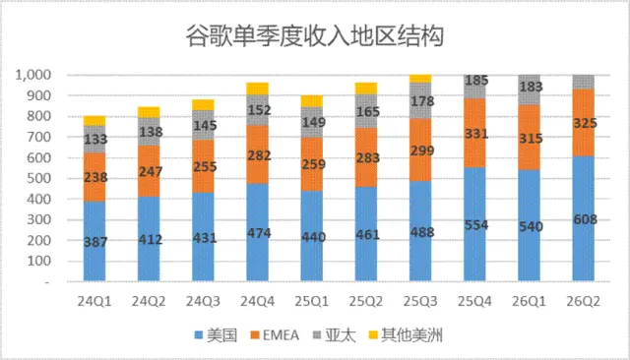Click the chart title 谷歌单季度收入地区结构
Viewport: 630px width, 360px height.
(315, 36)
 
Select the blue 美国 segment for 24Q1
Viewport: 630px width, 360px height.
(94, 241)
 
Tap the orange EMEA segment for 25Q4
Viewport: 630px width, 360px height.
(474, 133)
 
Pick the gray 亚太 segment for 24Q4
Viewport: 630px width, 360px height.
(257, 110)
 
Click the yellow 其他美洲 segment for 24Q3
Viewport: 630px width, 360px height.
(203, 104)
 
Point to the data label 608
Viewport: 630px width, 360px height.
(585, 219)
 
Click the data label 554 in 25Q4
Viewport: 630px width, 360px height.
(476, 225)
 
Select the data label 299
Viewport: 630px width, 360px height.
(422, 150)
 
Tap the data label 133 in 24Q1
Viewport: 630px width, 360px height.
(95, 139)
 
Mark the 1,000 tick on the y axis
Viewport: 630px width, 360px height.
(32, 75)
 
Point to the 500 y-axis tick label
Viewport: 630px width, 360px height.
(38, 178)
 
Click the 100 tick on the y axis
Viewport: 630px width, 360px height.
(38, 261)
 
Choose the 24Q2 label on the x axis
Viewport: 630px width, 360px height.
(149, 301)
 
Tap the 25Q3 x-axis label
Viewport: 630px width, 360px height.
(420, 301)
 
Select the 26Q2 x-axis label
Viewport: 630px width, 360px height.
(583, 301)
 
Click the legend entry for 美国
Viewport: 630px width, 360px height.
(216, 335)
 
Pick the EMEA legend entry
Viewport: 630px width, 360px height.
(275, 335)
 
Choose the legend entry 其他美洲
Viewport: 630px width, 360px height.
(406, 335)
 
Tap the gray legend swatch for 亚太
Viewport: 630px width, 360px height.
(317, 334)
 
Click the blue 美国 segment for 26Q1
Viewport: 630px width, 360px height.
(529, 225)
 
